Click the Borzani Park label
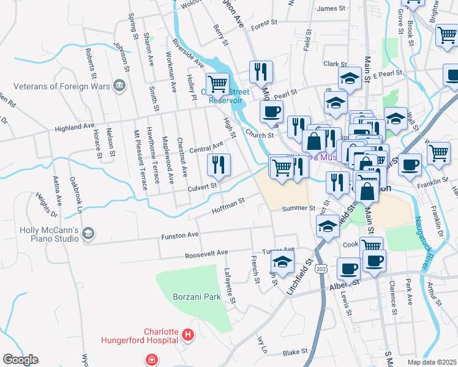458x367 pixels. [196, 297]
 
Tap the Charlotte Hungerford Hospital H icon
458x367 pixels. [187, 335]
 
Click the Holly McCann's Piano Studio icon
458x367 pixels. [89, 233]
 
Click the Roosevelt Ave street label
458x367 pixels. [206, 253]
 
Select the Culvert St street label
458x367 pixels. [202, 185]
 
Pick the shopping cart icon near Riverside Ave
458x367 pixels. [217, 83]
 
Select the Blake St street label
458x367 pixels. [295, 353]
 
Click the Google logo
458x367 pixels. [20, 360]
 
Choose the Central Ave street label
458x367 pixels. [206, 148]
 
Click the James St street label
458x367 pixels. [332, 8]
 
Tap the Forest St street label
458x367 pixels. [264, 24]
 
